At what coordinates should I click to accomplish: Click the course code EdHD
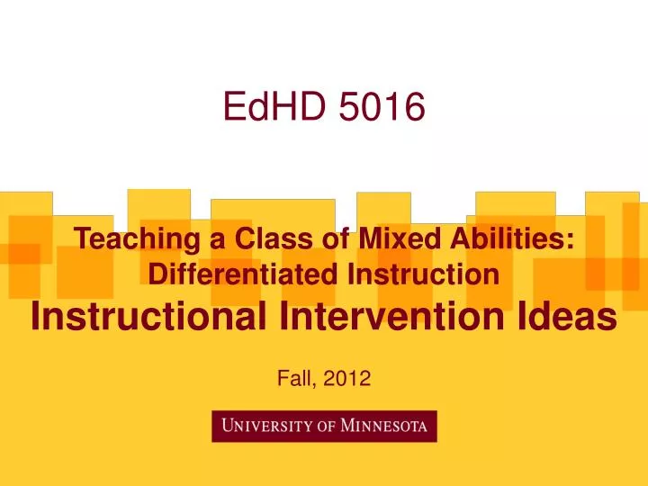275,109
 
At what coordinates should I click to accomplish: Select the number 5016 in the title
382,109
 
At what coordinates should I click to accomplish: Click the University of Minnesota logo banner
324,427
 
